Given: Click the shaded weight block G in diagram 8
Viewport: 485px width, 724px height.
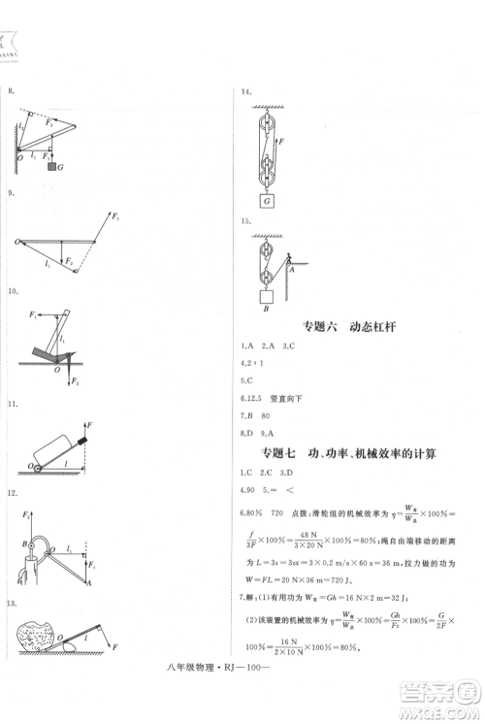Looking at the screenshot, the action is click(x=51, y=168).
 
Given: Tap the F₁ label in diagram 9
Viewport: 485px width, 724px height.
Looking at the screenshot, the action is click(x=115, y=214).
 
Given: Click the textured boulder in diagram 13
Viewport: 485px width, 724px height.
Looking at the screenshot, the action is click(x=40, y=637).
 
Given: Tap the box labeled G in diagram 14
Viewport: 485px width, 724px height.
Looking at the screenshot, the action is click(x=265, y=201).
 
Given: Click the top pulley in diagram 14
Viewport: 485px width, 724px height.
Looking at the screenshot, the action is click(x=265, y=123).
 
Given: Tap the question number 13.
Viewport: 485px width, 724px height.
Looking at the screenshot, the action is click(x=13, y=604).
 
